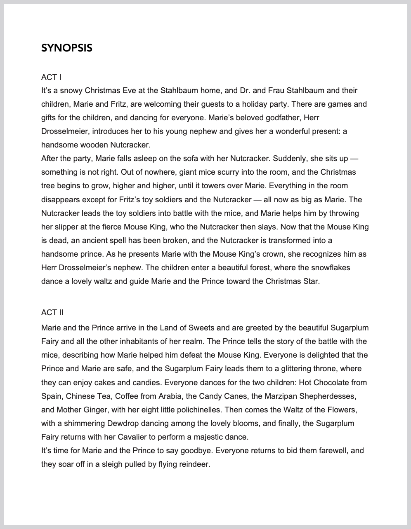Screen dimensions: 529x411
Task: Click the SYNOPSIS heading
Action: (67, 48)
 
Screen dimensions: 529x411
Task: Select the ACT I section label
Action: (51, 77)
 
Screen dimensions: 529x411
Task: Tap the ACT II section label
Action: (52, 312)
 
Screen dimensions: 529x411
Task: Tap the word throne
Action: (319, 369)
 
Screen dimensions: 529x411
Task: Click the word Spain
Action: (51, 396)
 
